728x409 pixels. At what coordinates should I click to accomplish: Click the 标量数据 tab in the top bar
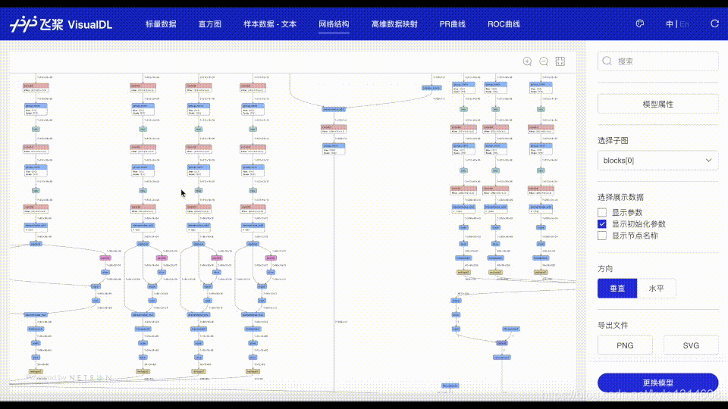[161, 24]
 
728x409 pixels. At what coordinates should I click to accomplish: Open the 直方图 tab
[209, 24]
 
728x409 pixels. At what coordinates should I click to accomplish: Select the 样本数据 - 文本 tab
[270, 24]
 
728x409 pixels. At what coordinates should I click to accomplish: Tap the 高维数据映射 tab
[394, 24]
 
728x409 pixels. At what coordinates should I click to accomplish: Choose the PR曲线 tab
[453, 24]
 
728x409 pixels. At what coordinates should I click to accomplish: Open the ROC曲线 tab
[504, 24]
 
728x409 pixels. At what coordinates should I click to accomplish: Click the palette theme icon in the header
[639, 23]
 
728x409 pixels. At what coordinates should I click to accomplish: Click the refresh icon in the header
[714, 23]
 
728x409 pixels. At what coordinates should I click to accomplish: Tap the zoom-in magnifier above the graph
[527, 61]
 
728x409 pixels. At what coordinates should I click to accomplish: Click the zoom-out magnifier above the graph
[544, 61]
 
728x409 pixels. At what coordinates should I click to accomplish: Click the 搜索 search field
[658, 61]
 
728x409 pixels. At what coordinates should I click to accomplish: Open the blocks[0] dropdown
[658, 161]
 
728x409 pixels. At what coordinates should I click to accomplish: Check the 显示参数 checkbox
[602, 213]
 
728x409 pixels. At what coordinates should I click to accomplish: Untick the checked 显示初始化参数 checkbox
[602, 224]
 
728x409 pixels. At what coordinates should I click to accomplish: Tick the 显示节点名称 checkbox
[602, 236]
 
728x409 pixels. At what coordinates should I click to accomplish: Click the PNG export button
[625, 345]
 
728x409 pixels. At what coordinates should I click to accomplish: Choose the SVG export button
[690, 345]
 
